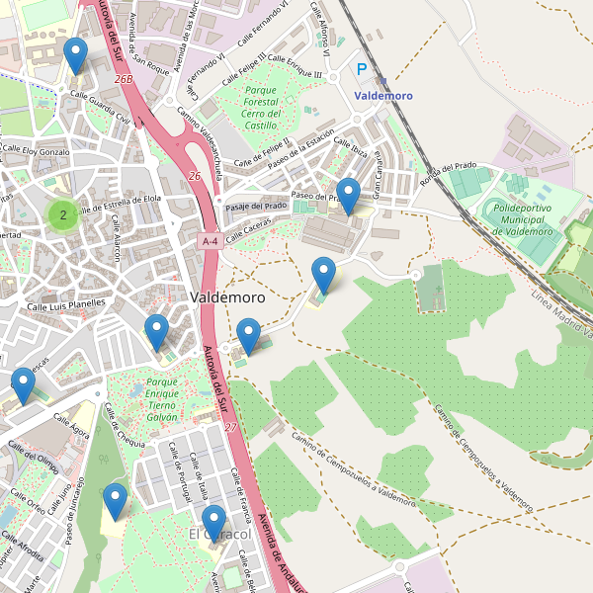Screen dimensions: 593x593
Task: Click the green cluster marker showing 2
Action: click(x=63, y=214)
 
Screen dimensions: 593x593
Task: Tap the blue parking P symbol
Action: click(x=362, y=70)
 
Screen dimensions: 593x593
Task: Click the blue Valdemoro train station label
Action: click(x=382, y=96)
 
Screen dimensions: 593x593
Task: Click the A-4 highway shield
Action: click(x=209, y=241)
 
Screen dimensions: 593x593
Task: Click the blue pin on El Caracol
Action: click(x=213, y=521)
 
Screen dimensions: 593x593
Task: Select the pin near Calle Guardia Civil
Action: click(x=75, y=54)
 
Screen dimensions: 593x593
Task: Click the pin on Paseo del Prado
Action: click(x=347, y=195)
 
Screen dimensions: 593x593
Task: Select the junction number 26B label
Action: click(x=123, y=78)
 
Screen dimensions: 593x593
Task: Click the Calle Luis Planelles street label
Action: click(x=65, y=304)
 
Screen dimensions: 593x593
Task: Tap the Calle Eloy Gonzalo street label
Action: click(x=37, y=152)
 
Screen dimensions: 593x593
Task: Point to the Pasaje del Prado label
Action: click(x=256, y=206)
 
